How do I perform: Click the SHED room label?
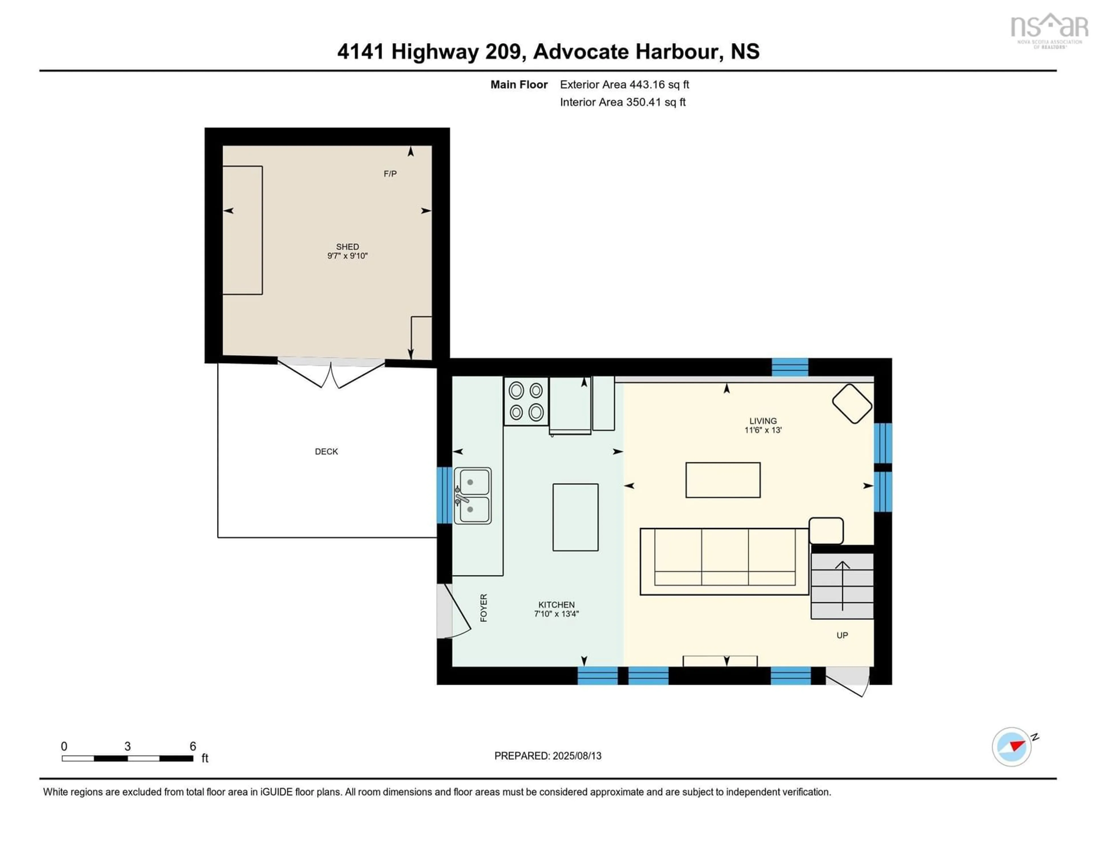tap(347, 246)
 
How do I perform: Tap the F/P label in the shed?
tap(390, 174)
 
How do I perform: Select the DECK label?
tap(326, 451)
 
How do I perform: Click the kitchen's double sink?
tap(472, 495)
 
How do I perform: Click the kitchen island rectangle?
tap(575, 517)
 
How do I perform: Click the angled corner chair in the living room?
tap(852, 404)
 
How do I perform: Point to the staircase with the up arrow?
tap(842, 586)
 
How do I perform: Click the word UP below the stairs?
tap(842, 635)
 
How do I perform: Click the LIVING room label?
tap(763, 421)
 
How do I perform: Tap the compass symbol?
tap(1011, 746)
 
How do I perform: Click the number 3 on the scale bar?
tap(128, 746)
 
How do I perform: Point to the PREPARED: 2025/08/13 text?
tap(547, 756)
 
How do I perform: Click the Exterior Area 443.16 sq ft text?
tap(624, 84)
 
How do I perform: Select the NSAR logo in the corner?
tap(1049, 30)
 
